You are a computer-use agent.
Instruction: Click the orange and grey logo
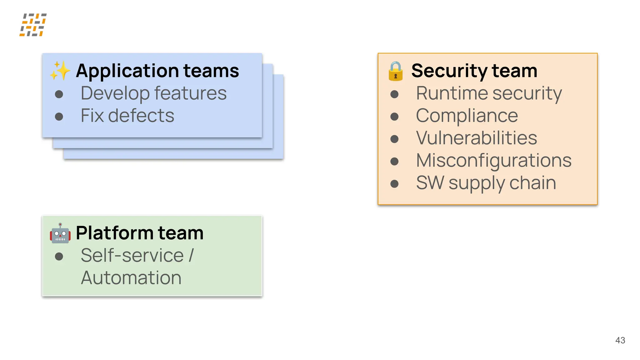(x=33, y=25)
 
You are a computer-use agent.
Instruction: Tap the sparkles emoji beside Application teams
(x=60, y=71)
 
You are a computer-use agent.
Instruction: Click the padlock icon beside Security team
(x=395, y=71)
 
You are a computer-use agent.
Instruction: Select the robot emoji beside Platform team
(x=60, y=233)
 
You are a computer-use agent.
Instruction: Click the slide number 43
(x=620, y=340)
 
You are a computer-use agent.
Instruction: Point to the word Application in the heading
(x=127, y=71)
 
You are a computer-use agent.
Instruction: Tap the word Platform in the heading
(x=114, y=233)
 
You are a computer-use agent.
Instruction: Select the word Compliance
(x=467, y=116)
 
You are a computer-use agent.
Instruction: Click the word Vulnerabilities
(x=476, y=138)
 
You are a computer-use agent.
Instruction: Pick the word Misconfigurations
(x=494, y=161)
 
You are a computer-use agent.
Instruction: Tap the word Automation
(x=131, y=278)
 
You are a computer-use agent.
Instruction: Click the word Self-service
(x=132, y=256)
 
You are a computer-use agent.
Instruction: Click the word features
(x=190, y=93)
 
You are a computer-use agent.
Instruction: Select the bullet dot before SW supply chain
(x=394, y=184)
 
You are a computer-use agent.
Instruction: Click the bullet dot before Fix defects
(x=59, y=117)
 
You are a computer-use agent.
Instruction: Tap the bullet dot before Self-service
(x=59, y=257)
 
